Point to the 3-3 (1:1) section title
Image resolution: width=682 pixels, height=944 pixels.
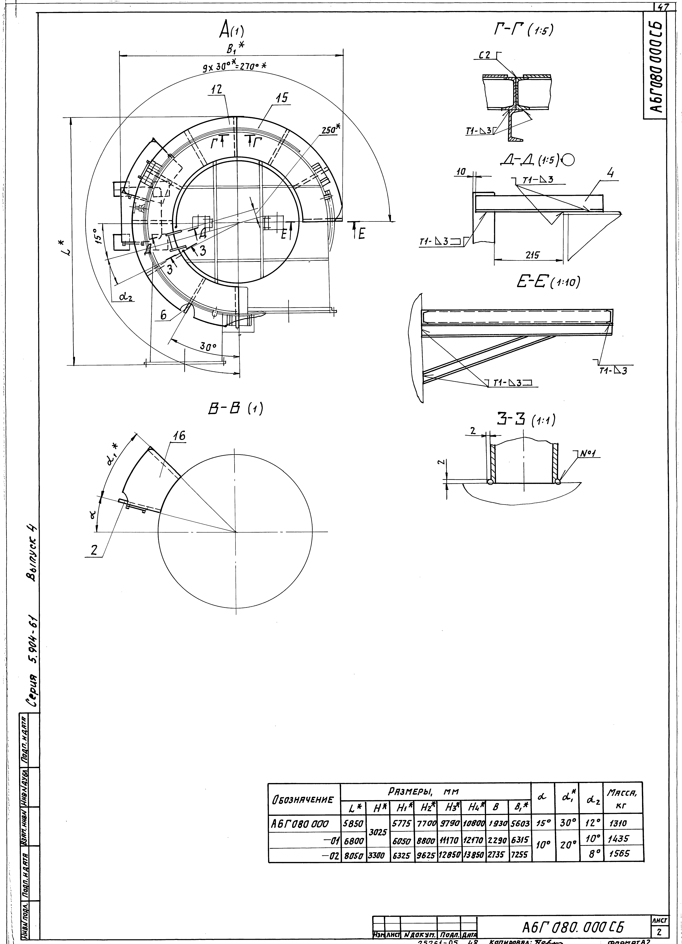[526, 420]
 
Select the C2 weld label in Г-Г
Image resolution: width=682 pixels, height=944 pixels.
[486, 54]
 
